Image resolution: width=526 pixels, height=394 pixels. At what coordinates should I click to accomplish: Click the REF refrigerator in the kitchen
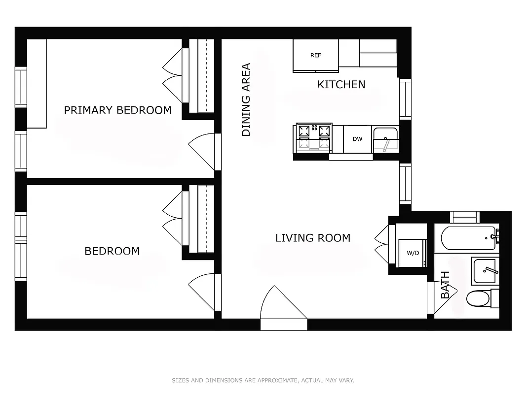316,55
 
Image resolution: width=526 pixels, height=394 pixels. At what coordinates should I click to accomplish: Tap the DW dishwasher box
357,139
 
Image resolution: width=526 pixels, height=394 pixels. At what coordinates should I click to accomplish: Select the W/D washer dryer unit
412,253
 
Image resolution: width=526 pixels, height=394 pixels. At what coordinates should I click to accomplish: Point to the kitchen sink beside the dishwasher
385,139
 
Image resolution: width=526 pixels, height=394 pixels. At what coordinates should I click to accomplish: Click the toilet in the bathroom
478,298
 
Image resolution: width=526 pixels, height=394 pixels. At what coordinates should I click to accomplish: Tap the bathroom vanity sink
485,271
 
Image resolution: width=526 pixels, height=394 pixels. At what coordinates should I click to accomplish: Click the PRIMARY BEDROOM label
117,110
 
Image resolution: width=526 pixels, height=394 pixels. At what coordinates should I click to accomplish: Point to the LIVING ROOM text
312,238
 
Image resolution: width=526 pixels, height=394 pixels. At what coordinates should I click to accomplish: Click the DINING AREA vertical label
246,99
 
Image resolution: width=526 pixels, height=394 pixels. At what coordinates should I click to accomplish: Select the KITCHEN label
341,85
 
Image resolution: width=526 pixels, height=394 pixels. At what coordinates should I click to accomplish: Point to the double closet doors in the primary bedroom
174,75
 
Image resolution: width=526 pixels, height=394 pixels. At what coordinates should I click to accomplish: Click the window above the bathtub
465,217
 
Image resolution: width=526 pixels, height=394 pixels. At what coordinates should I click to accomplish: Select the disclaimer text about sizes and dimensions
263,380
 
